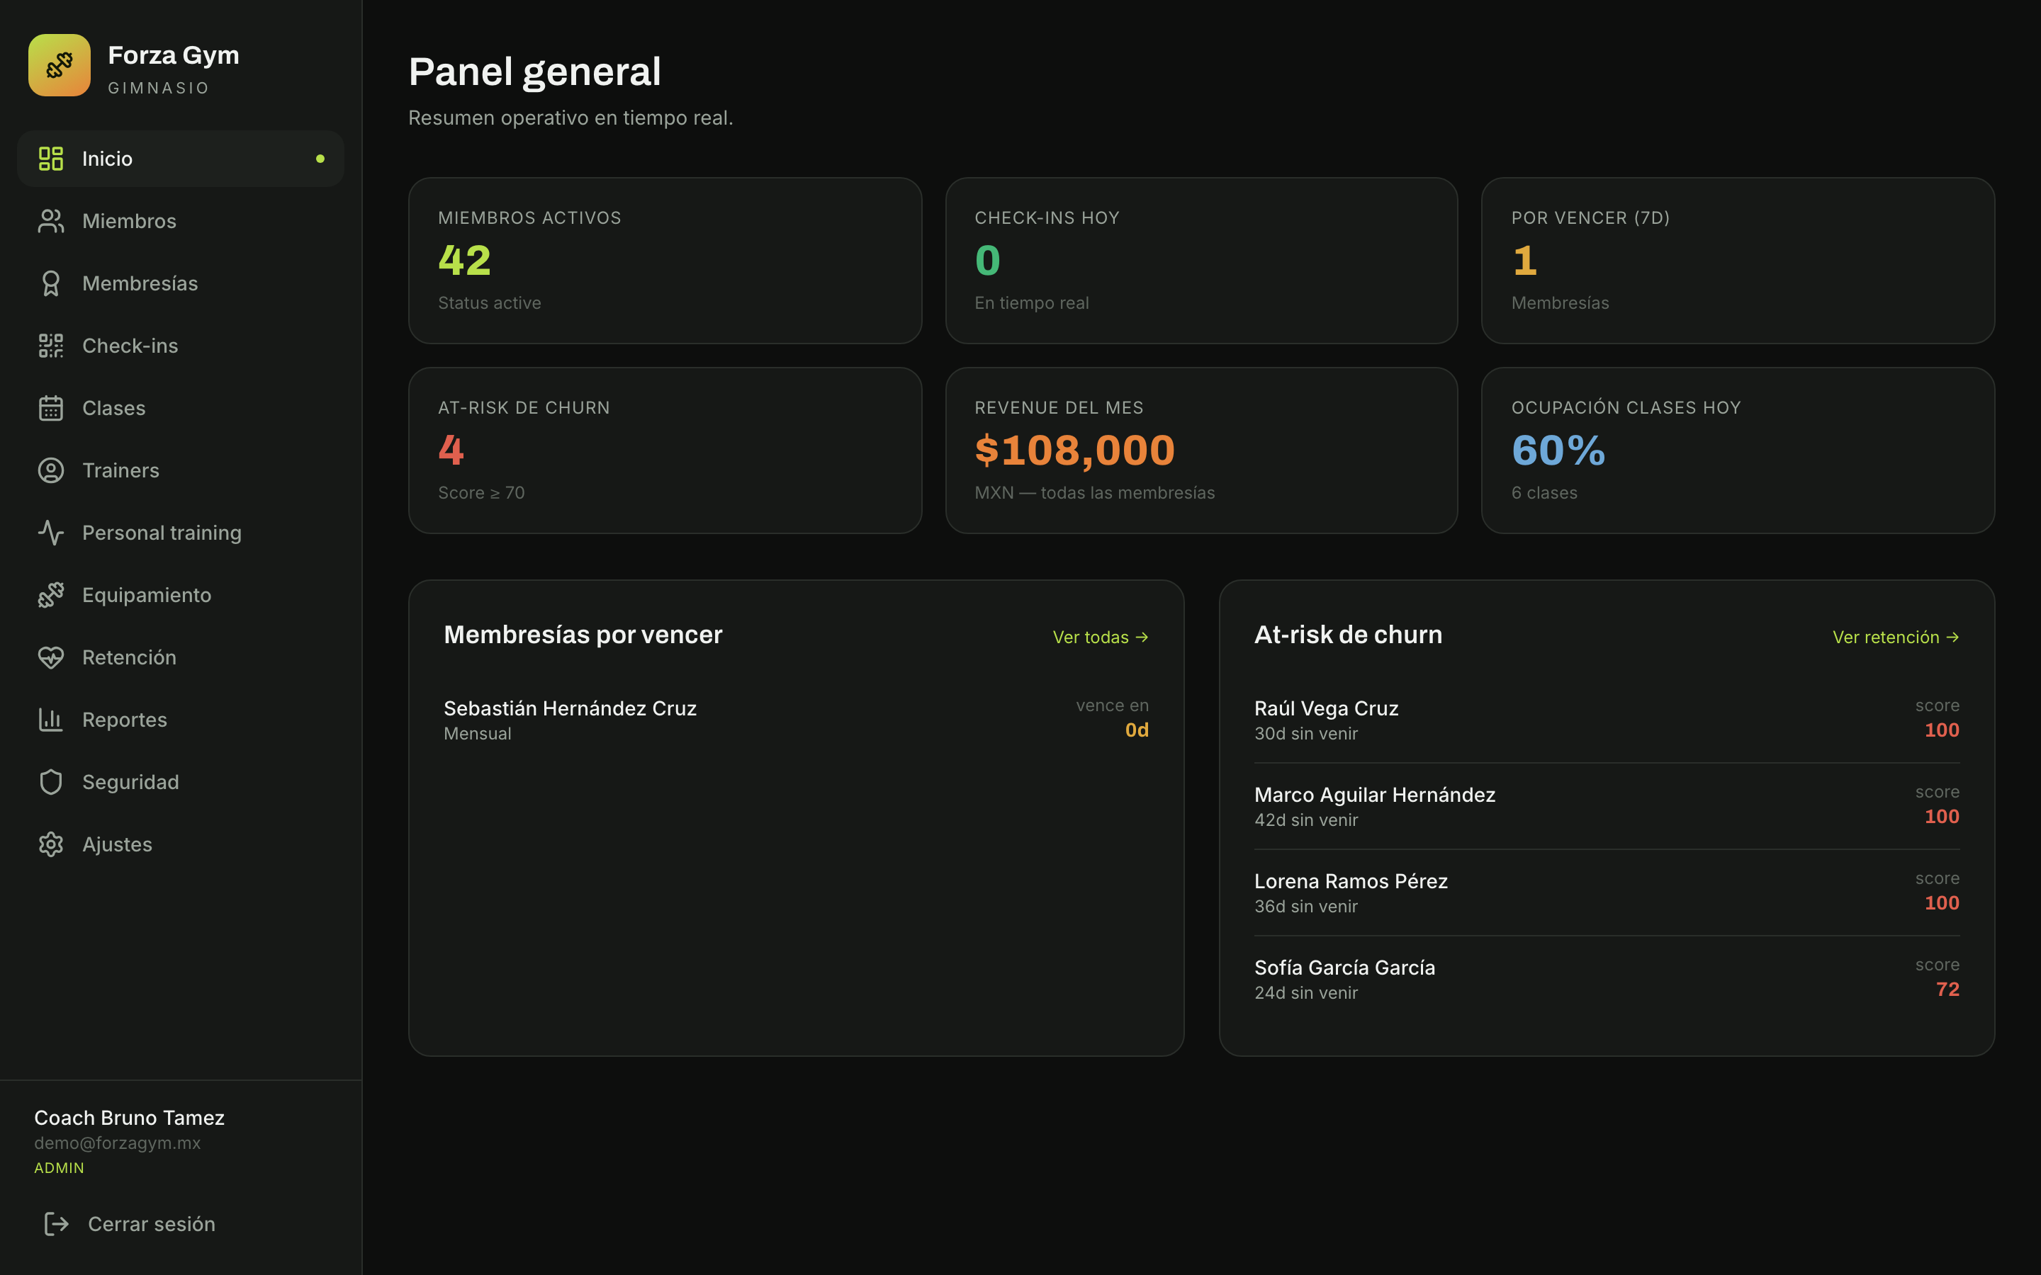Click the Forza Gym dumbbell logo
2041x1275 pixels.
click(59, 65)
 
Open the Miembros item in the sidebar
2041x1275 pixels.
click(129, 221)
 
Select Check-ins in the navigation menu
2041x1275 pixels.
click(130, 346)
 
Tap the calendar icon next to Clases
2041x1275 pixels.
click(50, 408)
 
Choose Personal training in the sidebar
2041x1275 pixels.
click(162, 533)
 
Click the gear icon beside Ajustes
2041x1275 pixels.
click(50, 844)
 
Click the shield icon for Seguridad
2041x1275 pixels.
click(50, 782)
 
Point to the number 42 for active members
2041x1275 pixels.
click(465, 260)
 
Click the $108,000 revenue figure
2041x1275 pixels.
click(1074, 450)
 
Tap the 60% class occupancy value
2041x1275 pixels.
click(1558, 450)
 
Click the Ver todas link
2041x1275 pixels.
click(1101, 637)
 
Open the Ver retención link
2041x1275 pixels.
click(1896, 637)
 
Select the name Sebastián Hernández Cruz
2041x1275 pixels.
click(570, 708)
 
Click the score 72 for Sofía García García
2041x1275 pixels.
click(1947, 989)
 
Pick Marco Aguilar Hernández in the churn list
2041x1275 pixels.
click(1375, 795)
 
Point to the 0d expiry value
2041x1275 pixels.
click(1137, 730)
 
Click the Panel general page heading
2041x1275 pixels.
click(535, 72)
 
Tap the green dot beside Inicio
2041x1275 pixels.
click(320, 159)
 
